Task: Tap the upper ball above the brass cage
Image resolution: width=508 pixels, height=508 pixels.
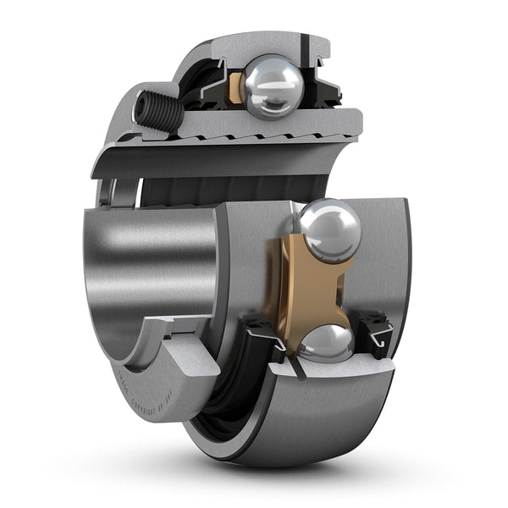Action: [329, 229]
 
